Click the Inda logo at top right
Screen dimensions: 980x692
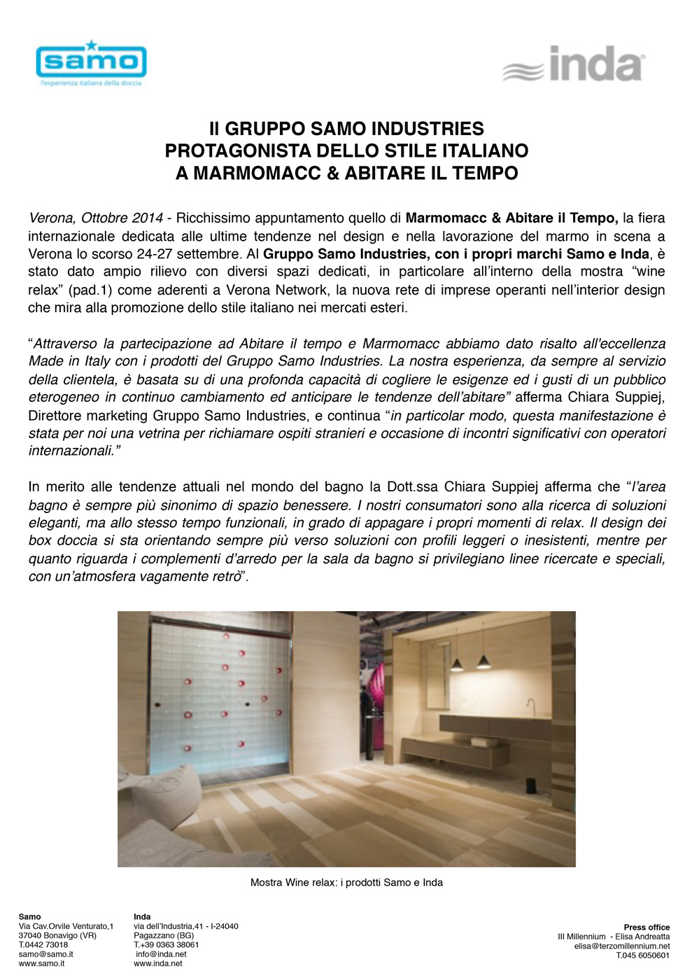pos(573,65)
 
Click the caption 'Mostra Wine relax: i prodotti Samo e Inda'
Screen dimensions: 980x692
pos(346,883)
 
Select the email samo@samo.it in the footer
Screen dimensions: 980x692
pos(45,954)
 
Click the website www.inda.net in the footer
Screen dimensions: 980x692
pos(157,964)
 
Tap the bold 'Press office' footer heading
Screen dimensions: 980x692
pos(647,927)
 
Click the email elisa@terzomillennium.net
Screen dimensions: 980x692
pos(622,946)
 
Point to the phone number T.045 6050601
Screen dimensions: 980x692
pos(642,955)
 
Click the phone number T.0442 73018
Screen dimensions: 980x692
pos(43,945)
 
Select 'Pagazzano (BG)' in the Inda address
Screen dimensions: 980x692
pos(164,936)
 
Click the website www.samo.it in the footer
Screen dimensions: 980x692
pos(41,964)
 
